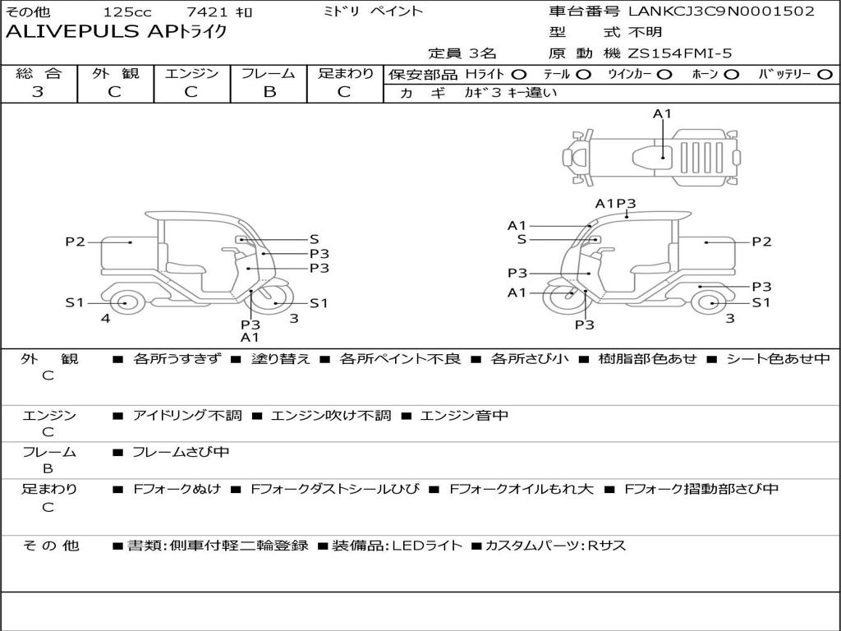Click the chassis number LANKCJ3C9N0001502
tap(721, 11)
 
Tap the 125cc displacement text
tap(127, 12)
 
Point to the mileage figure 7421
tap(207, 12)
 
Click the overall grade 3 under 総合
tap(38, 92)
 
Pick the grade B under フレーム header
tap(269, 92)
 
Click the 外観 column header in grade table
tap(115, 73)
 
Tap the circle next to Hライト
tap(519, 75)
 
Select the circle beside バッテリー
tap(825, 75)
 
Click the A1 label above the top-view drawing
tap(663, 113)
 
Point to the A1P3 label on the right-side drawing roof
tap(616, 204)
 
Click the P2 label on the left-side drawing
tap(75, 242)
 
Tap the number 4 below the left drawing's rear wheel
tap(106, 318)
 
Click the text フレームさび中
tap(181, 452)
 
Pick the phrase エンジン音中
tap(464, 415)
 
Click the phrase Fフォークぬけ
tap(177, 489)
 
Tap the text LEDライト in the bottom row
tap(427, 546)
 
